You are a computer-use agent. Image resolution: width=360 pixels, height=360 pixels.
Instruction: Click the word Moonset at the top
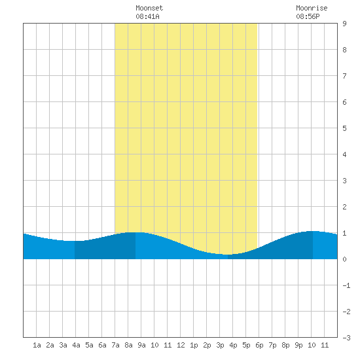tap(149, 8)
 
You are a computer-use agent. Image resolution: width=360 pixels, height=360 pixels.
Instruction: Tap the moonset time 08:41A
tap(147, 16)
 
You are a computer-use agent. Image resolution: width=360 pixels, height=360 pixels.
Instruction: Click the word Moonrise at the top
tap(312, 8)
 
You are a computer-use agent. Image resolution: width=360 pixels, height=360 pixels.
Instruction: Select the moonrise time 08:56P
tap(308, 16)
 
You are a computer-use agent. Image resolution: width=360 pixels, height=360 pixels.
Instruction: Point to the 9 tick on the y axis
tap(344, 24)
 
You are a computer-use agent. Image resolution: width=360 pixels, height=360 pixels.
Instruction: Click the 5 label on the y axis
tap(344, 128)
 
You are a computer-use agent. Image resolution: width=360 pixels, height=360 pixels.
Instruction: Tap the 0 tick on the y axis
tap(344, 259)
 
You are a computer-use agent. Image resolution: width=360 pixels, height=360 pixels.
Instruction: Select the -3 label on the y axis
tap(346, 338)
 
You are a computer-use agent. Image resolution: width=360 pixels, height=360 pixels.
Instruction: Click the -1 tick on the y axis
tap(346, 285)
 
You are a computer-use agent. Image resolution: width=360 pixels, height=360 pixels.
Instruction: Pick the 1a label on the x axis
tap(37, 345)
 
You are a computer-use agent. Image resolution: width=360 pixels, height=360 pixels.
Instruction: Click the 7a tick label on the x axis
tap(115, 345)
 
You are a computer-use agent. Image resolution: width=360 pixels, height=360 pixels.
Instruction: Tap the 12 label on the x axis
tap(181, 345)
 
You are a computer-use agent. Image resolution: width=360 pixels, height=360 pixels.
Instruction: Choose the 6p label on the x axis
tap(259, 345)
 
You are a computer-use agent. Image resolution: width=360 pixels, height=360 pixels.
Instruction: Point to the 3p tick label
tap(220, 345)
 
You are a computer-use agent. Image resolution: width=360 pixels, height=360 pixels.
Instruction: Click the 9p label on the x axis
tap(298, 345)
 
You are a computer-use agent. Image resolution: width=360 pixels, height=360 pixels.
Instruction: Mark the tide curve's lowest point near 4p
tap(227, 255)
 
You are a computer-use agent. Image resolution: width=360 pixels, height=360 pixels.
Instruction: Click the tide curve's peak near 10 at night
tap(313, 231)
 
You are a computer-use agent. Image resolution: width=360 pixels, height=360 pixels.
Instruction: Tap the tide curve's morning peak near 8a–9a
tap(135, 232)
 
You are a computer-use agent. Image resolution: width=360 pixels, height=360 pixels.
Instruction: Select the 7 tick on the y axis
tap(344, 76)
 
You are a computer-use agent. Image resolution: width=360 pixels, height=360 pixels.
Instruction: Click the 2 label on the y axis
tap(344, 207)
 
